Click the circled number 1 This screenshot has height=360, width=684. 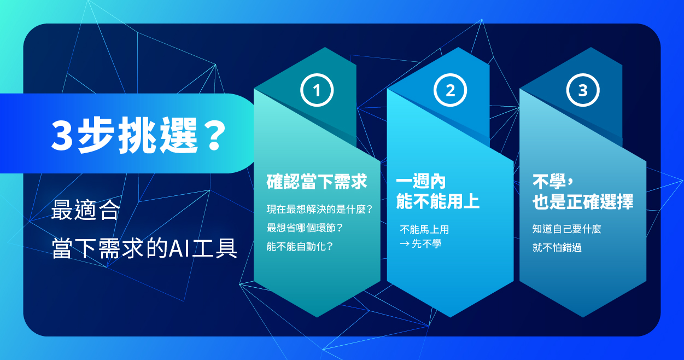317,90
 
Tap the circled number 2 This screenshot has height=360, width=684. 450,90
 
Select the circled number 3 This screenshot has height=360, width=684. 583,90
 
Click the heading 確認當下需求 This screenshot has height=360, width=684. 317,182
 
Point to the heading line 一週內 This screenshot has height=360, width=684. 421,182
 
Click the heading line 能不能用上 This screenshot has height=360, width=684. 438,202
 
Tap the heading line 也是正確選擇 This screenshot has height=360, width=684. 583,202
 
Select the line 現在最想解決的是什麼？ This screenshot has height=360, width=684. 320,209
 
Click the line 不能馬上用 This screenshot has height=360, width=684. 424,230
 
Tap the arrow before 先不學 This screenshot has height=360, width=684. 405,245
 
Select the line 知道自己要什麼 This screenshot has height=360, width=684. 567,229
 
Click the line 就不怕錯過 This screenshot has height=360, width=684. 557,247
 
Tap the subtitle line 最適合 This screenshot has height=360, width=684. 85,211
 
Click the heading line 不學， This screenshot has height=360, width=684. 552,182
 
